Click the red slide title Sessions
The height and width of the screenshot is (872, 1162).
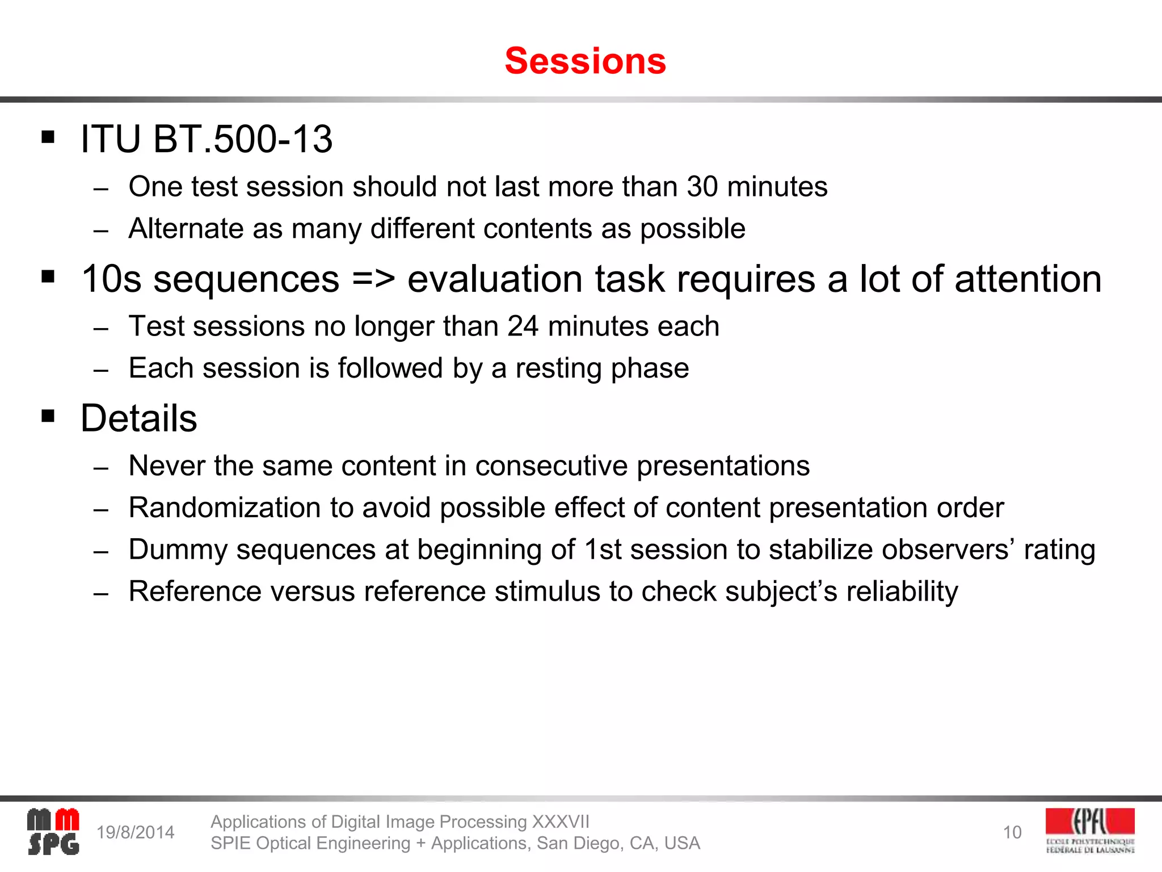pos(585,61)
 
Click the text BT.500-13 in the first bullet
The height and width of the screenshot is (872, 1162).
pos(242,139)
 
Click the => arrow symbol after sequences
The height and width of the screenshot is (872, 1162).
pos(373,279)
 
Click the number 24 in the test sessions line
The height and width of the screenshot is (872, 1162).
pos(523,326)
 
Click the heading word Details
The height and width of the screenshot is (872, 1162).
pos(139,418)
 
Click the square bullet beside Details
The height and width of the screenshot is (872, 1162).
pos(48,417)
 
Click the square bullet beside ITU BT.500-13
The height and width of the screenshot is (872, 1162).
pos(48,137)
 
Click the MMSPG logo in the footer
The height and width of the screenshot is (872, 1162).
pos(53,832)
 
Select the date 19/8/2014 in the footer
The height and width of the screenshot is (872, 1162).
pos(135,832)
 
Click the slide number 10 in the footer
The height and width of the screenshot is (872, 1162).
pos(1012,832)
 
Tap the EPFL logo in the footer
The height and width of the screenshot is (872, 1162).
pos(1090,831)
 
